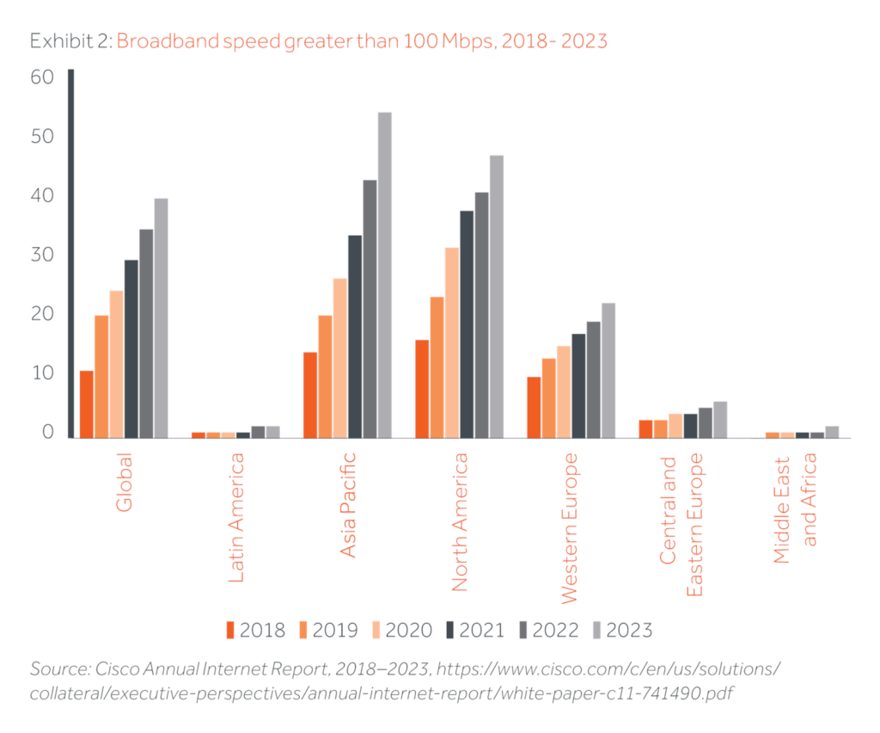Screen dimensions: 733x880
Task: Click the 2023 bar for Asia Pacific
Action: click(x=384, y=274)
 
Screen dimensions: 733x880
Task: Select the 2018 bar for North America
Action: click(x=422, y=388)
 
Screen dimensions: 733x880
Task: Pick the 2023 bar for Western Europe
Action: click(x=608, y=370)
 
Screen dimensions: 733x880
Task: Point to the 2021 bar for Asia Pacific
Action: click(x=354, y=336)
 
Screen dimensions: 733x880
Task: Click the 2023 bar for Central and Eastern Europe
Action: click(x=720, y=419)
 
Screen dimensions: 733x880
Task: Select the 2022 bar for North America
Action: click(x=481, y=314)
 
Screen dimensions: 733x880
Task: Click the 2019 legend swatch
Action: click(x=303, y=631)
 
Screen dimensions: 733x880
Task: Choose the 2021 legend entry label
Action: click(x=481, y=631)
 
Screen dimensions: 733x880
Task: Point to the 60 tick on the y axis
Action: click(x=42, y=77)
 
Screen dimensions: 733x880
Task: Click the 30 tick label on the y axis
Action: click(x=42, y=256)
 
